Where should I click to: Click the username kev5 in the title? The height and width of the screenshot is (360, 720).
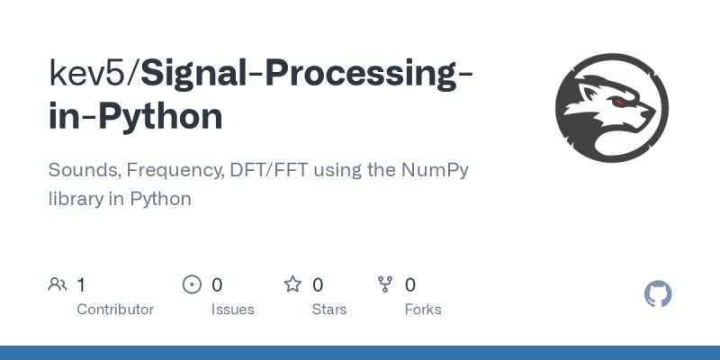pos(89,73)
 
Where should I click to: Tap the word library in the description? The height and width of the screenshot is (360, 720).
pos(76,199)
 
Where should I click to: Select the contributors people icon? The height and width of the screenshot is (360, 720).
pos(58,285)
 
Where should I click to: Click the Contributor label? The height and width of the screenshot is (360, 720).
pos(115,309)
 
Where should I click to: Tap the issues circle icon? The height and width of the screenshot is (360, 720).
pos(192,285)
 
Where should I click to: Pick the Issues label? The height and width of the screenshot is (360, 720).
pos(232,309)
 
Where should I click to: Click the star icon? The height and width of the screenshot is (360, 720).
pos(292,285)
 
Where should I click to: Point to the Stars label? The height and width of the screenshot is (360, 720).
pos(328,309)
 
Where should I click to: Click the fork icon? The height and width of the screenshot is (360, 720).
pos(385,285)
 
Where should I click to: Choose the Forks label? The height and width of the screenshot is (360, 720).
pos(422,309)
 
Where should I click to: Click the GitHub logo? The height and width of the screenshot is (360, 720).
pos(659,293)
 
